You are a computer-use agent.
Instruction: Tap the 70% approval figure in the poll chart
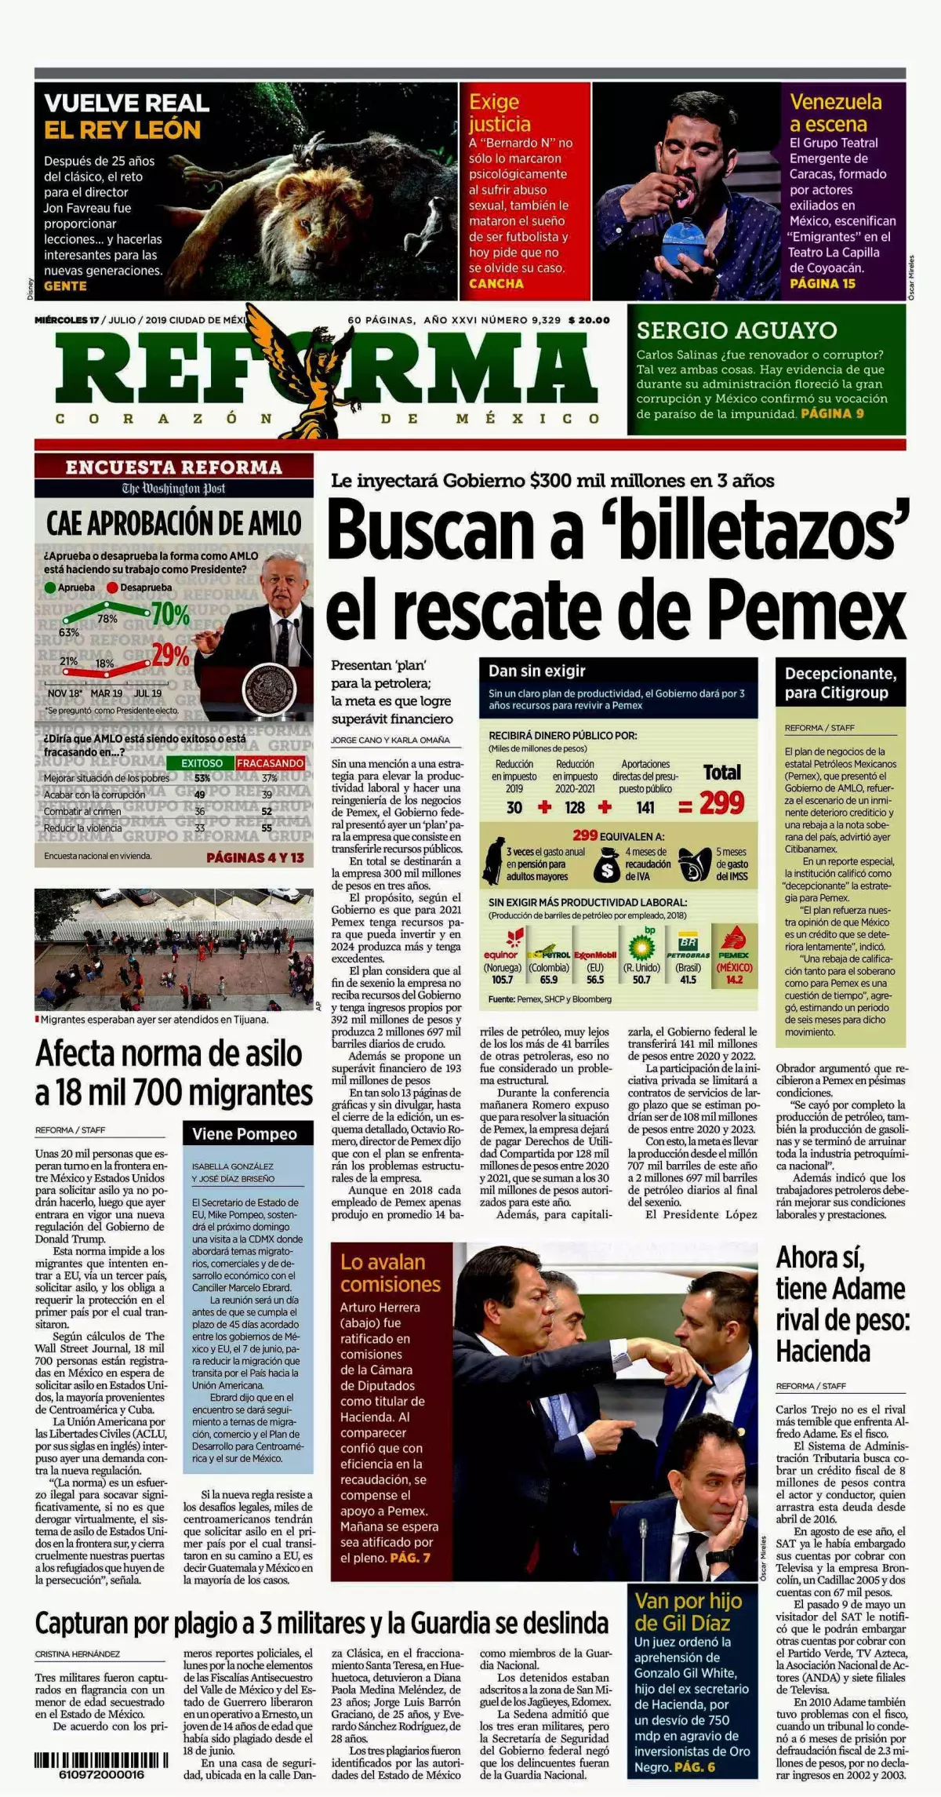point(170,614)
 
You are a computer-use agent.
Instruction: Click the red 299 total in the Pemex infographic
point(721,803)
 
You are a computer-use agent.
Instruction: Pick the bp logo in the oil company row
point(642,946)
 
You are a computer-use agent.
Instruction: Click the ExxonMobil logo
point(595,955)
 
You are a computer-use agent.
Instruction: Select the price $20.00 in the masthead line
point(589,320)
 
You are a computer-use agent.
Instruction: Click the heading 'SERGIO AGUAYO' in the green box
point(736,330)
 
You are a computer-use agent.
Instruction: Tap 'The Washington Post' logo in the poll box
point(173,489)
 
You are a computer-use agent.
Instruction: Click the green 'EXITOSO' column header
point(202,763)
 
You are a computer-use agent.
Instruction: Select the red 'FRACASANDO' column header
point(270,763)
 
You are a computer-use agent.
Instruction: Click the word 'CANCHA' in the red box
point(496,284)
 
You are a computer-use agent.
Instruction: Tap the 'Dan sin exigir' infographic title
point(537,671)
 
